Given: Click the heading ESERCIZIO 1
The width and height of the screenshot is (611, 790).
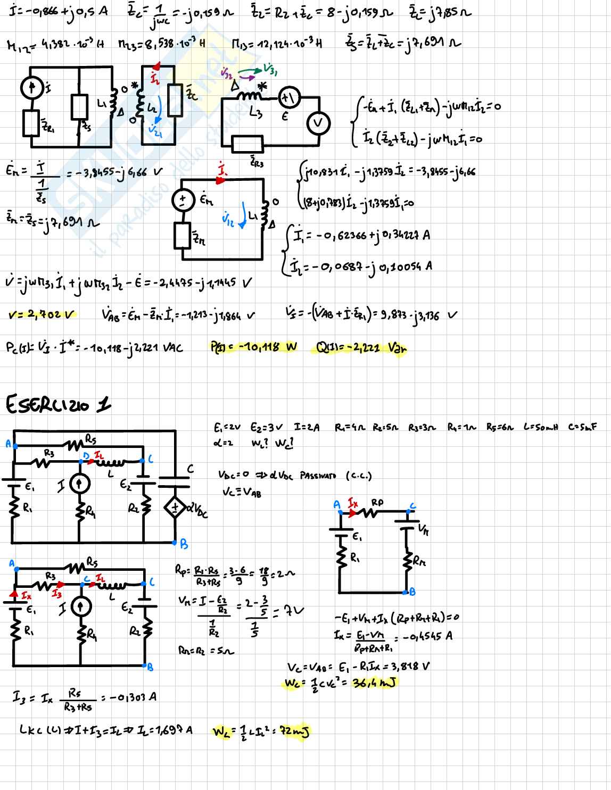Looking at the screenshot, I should (59, 405).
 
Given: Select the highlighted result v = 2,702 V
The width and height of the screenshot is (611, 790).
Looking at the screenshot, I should (43, 315).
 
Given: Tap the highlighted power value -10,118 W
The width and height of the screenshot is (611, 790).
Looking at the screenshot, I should (254, 348).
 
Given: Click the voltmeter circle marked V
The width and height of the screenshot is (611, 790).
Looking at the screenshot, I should (318, 123).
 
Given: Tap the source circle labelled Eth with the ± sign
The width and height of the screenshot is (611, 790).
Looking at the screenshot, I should (182, 201).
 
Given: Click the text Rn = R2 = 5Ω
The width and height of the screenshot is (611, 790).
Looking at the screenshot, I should (205, 650).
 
